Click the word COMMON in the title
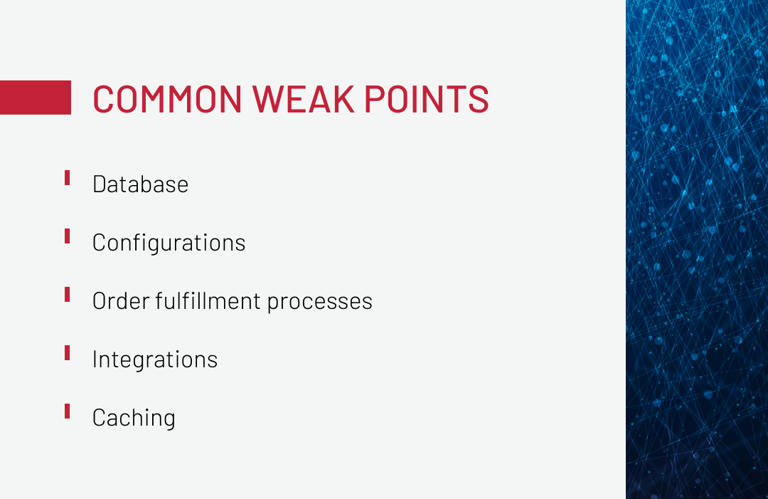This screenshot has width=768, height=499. (167, 99)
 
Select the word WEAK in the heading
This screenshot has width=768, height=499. (303, 99)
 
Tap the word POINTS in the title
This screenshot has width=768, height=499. (427, 99)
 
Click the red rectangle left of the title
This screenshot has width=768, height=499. (36, 98)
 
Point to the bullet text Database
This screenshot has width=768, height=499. (140, 184)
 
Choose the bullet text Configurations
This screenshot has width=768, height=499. (169, 243)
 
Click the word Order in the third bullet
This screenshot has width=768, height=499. (121, 301)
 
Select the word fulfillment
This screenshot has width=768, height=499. (208, 301)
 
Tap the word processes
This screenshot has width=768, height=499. (320, 303)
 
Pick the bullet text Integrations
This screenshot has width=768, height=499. (155, 359)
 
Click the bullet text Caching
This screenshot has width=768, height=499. (134, 418)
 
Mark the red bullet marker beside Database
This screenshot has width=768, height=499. (67, 177)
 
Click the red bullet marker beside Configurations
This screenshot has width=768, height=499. (67, 236)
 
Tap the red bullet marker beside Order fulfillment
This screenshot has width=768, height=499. (67, 294)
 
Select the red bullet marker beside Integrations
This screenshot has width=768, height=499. (67, 352)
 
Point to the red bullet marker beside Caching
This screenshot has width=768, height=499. (67, 411)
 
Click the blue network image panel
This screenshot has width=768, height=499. (697, 249)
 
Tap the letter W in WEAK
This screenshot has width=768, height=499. (268, 99)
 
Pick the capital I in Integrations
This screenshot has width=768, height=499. (95, 359)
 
